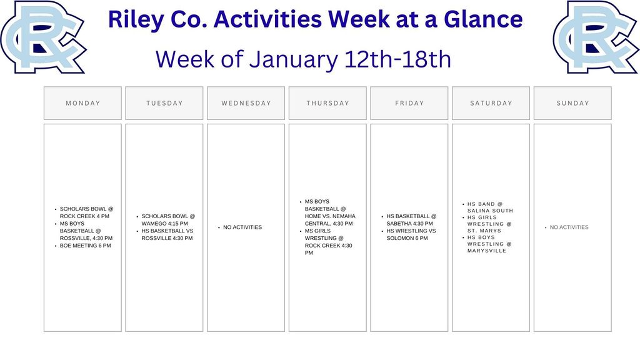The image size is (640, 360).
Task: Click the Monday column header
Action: pos(82,103)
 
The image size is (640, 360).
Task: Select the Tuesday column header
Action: pos(164,103)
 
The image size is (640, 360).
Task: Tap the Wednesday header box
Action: pos(246,103)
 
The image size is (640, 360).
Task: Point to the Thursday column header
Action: pos(327,103)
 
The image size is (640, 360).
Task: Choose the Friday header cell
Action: pos(409,103)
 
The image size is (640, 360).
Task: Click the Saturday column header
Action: pos(491,103)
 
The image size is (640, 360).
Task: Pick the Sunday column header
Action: pos(572,103)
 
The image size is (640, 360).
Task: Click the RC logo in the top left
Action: pos(42,36)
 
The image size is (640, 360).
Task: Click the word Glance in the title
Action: pos(482,19)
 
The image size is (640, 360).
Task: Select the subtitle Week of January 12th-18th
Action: pos(303,59)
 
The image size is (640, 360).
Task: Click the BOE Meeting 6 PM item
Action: pos(85,246)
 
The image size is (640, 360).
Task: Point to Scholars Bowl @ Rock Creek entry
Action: pos(86,212)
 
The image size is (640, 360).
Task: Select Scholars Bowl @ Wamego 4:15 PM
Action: pos(167,219)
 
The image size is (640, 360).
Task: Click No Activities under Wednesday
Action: pos(242,227)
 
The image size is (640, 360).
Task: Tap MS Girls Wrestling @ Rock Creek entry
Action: pos(328,242)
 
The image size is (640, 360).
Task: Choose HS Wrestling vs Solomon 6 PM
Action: pos(411,234)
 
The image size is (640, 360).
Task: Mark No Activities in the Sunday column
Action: pos(569,227)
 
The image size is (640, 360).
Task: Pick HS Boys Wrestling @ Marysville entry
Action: pos(489,244)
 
